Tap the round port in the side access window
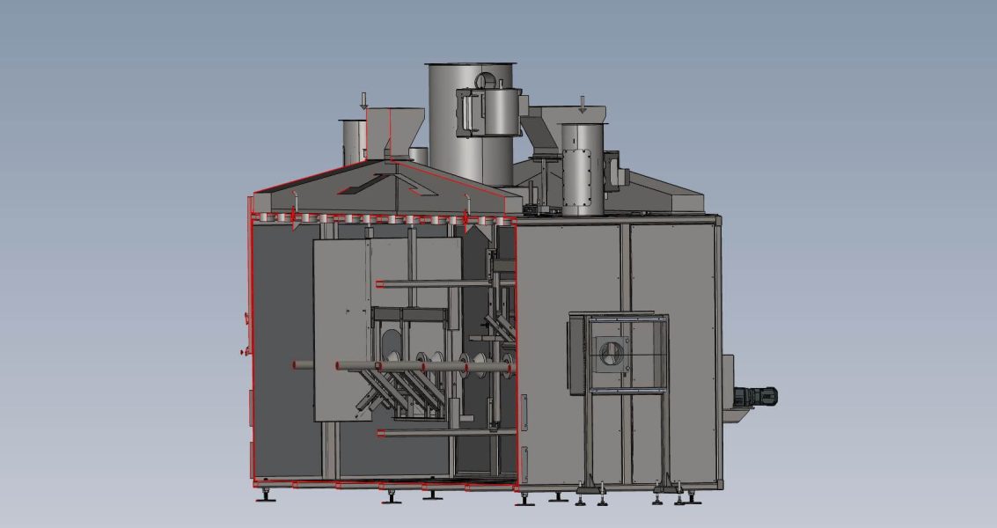click(x=610, y=355)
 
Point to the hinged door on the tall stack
click(x=468, y=114)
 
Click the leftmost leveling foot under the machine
click(x=265, y=495)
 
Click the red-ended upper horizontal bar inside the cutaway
click(x=436, y=284)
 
